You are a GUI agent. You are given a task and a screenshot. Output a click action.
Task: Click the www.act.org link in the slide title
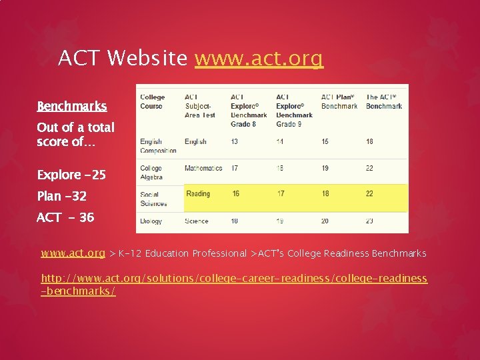click(x=259, y=59)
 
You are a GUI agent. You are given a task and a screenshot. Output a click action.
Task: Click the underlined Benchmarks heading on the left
click(x=71, y=107)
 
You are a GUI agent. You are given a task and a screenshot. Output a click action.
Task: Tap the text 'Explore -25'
click(x=71, y=175)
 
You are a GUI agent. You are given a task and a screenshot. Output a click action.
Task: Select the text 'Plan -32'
click(x=61, y=197)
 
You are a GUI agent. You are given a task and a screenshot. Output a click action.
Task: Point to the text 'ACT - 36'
click(x=65, y=218)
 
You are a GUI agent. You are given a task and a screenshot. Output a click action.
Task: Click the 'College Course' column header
click(x=152, y=101)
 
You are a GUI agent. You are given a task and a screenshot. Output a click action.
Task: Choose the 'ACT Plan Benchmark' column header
click(x=339, y=101)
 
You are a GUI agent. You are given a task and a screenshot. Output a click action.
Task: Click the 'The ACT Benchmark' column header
click(x=384, y=101)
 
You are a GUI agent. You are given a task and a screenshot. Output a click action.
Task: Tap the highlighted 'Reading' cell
click(x=198, y=194)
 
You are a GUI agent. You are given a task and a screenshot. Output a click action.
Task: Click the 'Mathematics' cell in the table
click(x=203, y=168)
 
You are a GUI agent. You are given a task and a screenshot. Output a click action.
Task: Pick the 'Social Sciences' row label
click(x=153, y=199)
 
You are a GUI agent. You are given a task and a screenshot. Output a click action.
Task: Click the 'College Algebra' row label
click(x=151, y=173)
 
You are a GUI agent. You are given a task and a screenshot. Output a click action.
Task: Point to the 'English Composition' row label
click(x=158, y=146)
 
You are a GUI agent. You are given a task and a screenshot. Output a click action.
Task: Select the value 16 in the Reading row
click(x=236, y=194)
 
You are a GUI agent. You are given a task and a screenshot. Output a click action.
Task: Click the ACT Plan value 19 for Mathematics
click(x=325, y=168)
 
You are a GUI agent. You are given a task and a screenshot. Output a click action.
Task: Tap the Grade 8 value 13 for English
click(x=235, y=141)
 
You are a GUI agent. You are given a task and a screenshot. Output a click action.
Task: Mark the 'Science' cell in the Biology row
click(x=197, y=221)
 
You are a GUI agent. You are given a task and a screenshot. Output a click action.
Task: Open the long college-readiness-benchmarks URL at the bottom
click(x=234, y=285)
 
